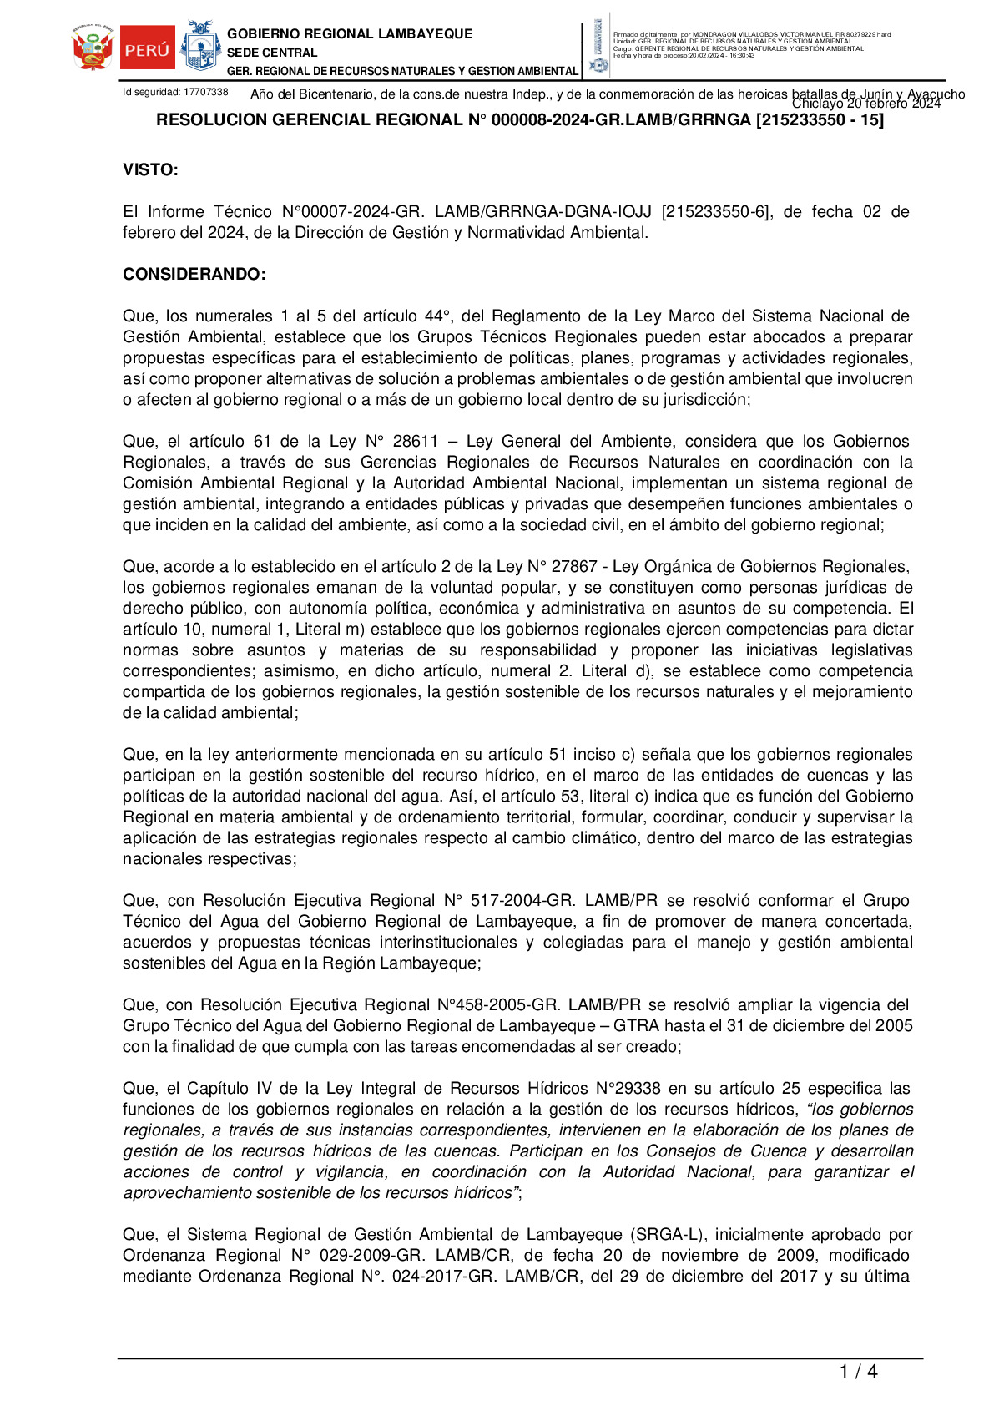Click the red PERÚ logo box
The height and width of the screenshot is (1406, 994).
click(147, 49)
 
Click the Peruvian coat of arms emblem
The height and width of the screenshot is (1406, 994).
click(93, 49)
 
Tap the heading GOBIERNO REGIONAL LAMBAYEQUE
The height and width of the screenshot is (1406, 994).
click(350, 34)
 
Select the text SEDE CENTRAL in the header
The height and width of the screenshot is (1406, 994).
click(272, 53)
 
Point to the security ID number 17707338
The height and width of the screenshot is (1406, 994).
click(205, 92)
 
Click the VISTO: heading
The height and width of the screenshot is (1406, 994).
click(150, 170)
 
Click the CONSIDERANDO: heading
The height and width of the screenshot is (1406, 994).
click(194, 275)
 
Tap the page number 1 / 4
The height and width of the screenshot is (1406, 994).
click(858, 1372)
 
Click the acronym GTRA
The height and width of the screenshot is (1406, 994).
click(636, 1026)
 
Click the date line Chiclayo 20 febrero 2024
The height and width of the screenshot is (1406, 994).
click(865, 104)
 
